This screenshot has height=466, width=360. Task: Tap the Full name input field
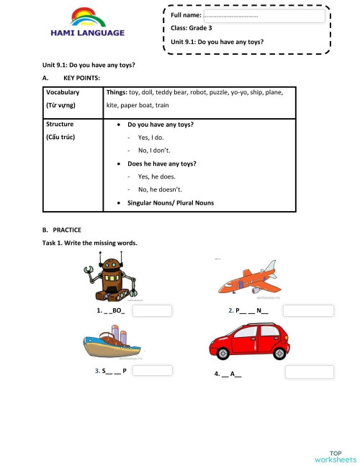point(263,15)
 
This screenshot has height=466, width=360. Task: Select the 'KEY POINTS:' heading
point(81,77)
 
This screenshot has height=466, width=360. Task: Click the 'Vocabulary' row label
point(63,93)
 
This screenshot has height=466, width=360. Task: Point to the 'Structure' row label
point(60,125)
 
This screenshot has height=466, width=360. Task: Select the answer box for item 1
point(153,310)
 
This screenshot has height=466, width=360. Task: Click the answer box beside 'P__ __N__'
point(308,311)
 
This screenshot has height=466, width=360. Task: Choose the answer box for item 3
point(153,371)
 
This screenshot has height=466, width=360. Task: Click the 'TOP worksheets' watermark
point(335,456)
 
